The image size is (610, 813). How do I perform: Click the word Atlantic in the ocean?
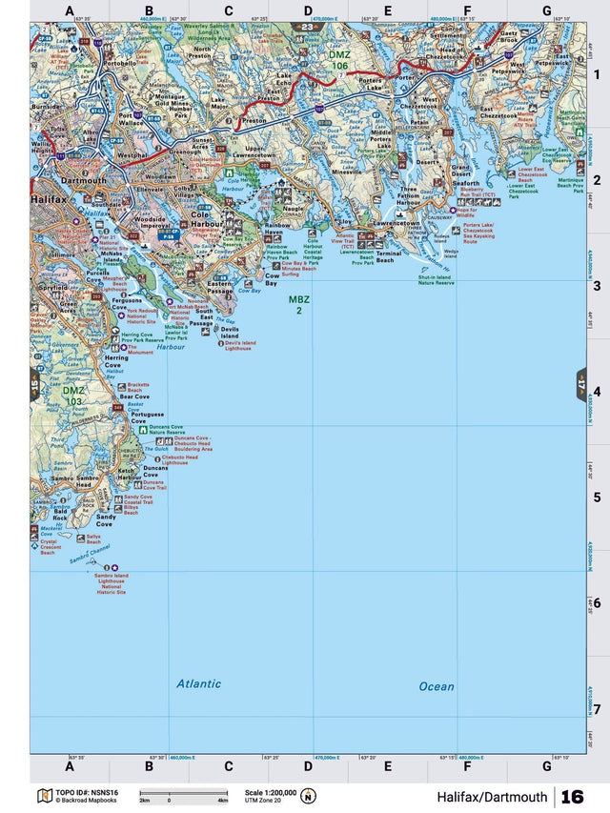pyautogui.click(x=198, y=683)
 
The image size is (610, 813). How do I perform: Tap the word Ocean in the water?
pyautogui.click(x=437, y=686)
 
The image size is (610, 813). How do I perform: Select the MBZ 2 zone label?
pyautogui.click(x=299, y=305)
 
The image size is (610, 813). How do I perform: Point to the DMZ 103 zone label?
pyautogui.click(x=73, y=396)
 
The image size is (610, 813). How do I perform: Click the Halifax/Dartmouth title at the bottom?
pyautogui.click(x=492, y=797)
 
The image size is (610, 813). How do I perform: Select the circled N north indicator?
pyautogui.click(x=308, y=797)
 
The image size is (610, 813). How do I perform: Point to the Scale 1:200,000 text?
pyautogui.click(x=270, y=792)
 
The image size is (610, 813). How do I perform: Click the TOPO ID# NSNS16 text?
pyautogui.click(x=87, y=792)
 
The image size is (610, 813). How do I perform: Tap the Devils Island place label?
pyautogui.click(x=230, y=333)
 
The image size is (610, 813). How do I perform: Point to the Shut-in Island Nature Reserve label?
pyautogui.click(x=438, y=280)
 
